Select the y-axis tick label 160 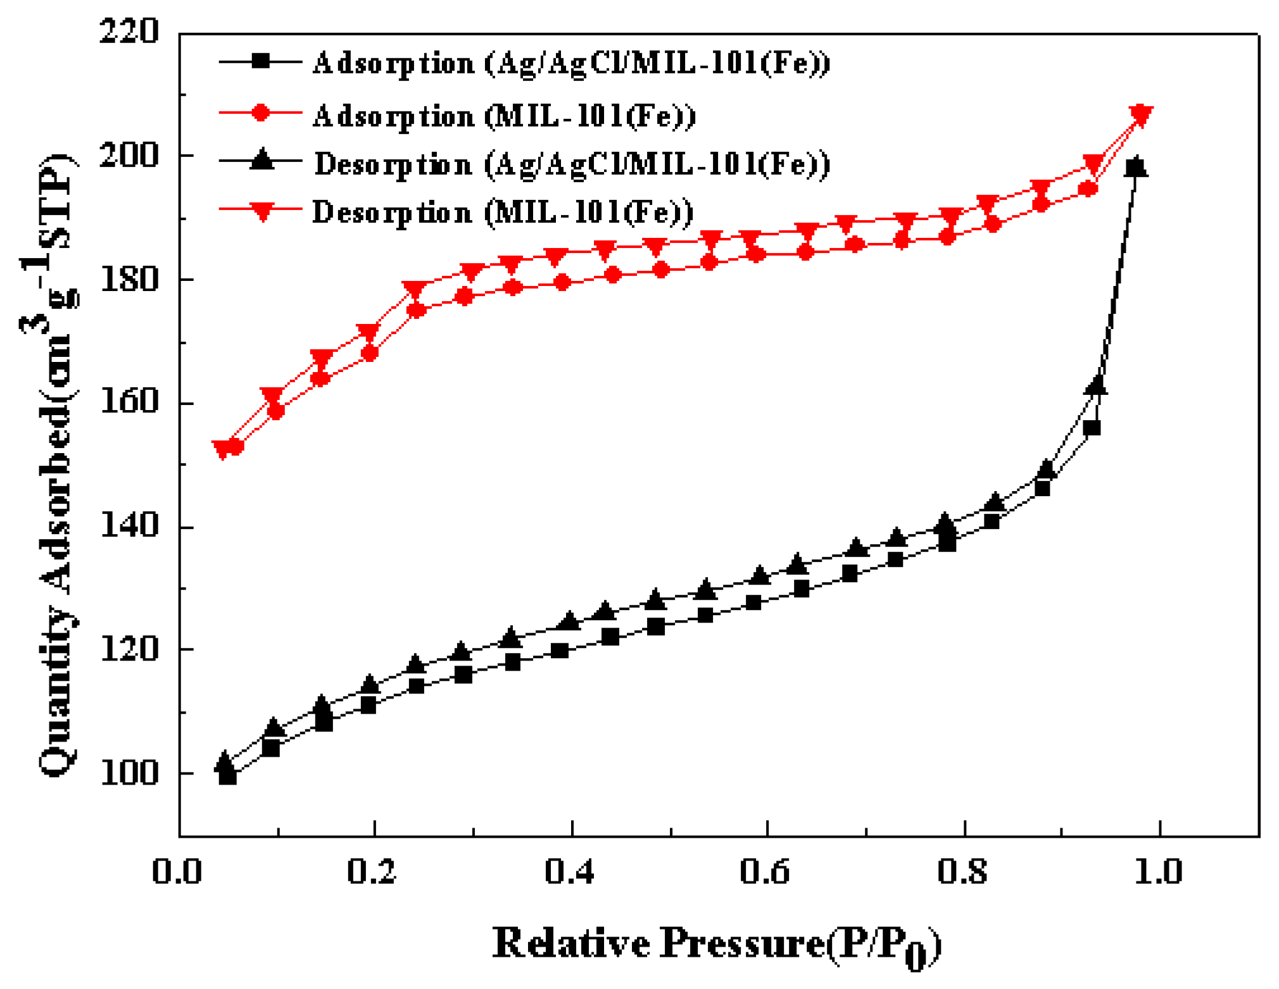coord(129,403)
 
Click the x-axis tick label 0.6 coord(767,872)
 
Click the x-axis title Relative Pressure coord(716,945)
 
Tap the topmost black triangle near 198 coord(1137,166)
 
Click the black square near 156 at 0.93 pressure coord(1092,428)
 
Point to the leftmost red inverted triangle coord(222,450)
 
